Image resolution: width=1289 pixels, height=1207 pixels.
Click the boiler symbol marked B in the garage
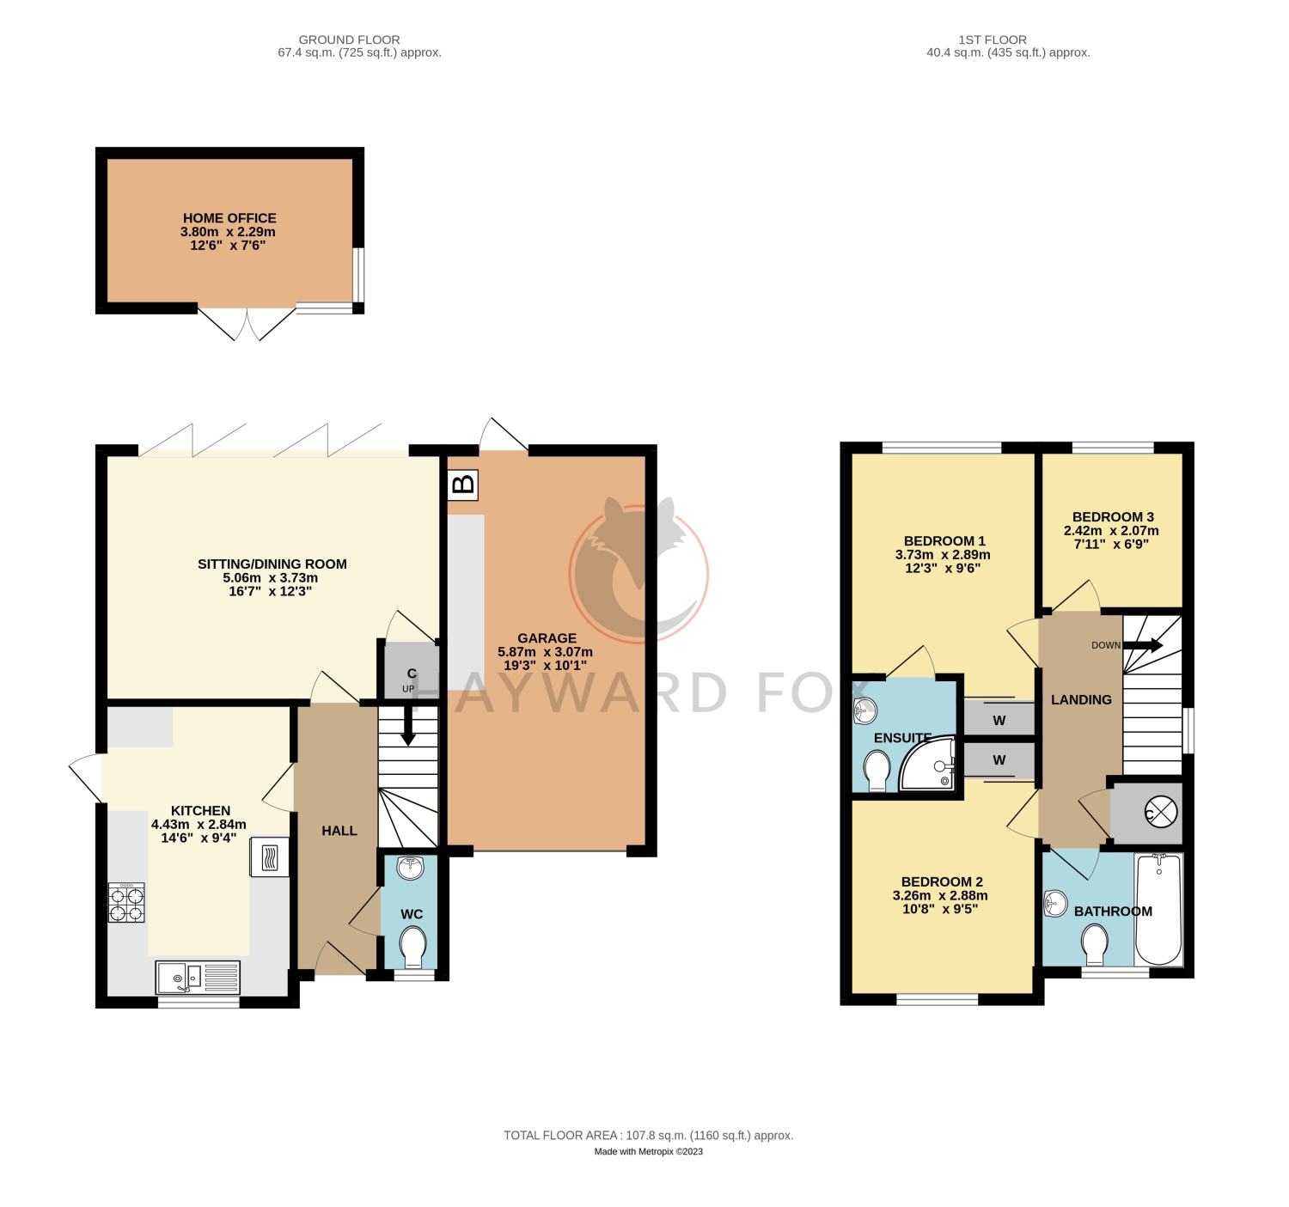(x=463, y=485)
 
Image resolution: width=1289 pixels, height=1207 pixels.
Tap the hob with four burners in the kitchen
(x=126, y=903)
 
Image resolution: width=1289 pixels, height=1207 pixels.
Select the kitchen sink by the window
(x=198, y=978)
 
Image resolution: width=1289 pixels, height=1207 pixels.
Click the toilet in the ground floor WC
(x=412, y=946)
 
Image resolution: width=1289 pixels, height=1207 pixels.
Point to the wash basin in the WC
(x=410, y=868)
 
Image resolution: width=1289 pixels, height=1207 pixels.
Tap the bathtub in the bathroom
(x=1158, y=909)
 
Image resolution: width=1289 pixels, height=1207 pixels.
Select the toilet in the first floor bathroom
(x=1095, y=944)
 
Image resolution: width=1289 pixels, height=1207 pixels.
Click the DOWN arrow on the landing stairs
(x=1142, y=645)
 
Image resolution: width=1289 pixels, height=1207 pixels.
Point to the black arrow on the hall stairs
(x=408, y=724)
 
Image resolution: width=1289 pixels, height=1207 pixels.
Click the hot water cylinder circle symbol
(x=1160, y=813)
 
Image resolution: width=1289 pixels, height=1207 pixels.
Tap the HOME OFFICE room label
(x=229, y=218)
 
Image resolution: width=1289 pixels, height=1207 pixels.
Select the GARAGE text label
(x=547, y=638)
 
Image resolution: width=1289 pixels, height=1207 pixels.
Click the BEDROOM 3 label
(x=1113, y=516)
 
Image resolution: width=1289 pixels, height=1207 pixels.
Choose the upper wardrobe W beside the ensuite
(x=999, y=720)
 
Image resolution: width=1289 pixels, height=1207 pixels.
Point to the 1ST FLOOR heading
(x=993, y=40)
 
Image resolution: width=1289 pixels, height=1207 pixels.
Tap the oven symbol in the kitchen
(x=269, y=858)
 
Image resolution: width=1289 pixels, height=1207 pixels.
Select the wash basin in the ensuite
(x=865, y=710)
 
